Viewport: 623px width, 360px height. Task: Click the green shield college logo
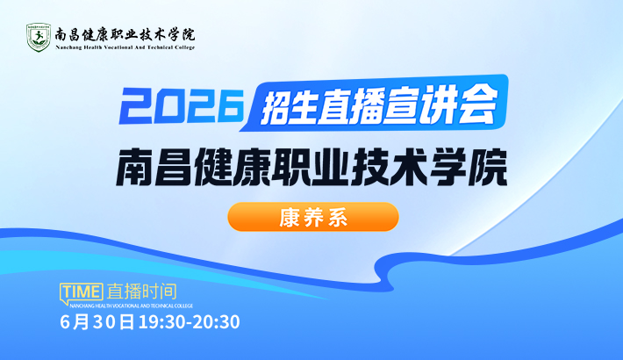point(38,38)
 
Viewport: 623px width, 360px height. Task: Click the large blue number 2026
point(182,106)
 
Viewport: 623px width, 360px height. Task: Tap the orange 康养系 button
point(313,217)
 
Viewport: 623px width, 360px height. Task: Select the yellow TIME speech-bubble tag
point(82,293)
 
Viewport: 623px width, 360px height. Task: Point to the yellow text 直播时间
point(142,292)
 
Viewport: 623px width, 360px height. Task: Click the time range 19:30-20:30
point(190,322)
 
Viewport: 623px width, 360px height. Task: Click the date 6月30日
point(97,322)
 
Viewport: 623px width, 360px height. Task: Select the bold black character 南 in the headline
point(133,168)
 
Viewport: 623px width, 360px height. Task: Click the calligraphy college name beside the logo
point(125,34)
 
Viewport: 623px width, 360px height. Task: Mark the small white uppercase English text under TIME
point(131,306)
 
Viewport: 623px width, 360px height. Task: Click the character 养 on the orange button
point(313,217)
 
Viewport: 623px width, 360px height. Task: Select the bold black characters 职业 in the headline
point(311,168)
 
